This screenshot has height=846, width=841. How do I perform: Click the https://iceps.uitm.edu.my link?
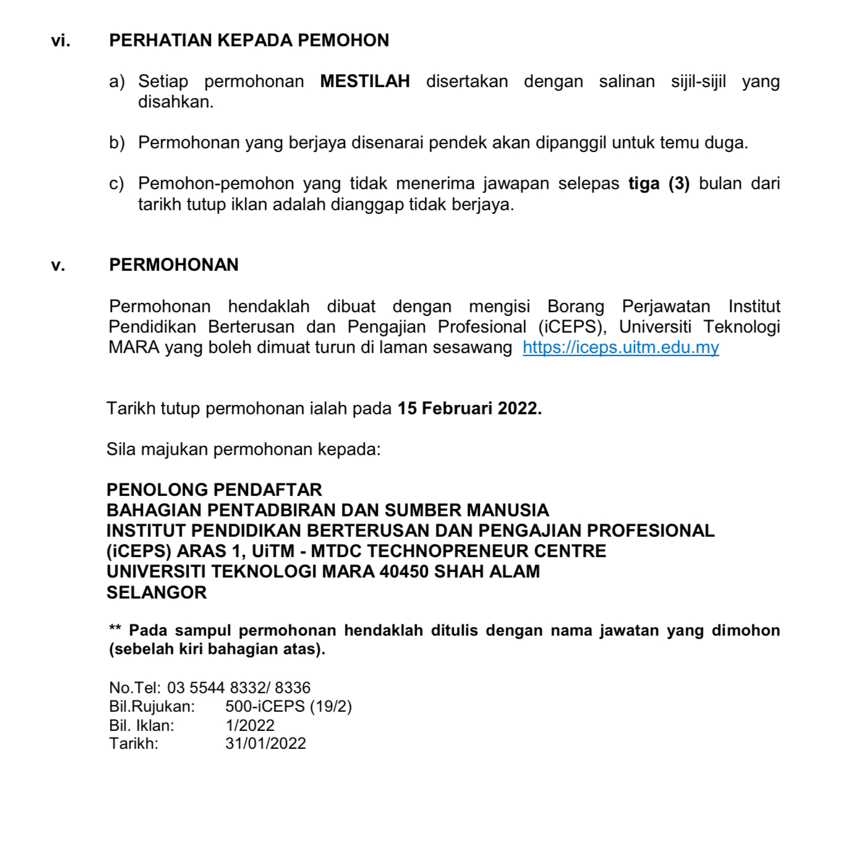coord(620,348)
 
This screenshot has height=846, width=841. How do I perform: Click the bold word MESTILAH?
coord(365,82)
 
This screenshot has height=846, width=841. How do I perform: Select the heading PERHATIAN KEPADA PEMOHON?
coord(249,41)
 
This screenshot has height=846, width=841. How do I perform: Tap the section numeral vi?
coord(61,41)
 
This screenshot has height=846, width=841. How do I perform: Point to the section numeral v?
coord(58,265)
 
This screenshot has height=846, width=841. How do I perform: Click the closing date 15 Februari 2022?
coord(469,409)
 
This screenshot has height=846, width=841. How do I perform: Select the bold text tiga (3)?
coord(659,184)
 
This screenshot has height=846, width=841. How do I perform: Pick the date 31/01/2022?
coord(265,743)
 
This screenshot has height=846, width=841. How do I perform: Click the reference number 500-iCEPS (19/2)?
coord(288,706)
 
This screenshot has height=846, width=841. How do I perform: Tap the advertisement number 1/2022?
coord(250,725)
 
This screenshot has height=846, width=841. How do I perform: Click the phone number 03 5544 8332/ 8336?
coord(239,688)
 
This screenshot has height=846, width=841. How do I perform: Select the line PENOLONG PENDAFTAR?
coord(214,490)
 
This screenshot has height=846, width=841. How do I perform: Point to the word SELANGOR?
coord(156,592)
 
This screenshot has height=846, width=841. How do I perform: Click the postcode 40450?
coord(404,571)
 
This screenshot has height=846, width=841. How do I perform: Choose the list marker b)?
coord(117,143)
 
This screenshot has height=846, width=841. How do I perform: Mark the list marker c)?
coord(116,184)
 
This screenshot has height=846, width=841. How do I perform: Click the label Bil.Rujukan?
coord(152,706)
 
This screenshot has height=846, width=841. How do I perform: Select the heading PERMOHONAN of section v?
coord(174,265)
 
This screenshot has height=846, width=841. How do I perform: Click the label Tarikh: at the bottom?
coord(134,743)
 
